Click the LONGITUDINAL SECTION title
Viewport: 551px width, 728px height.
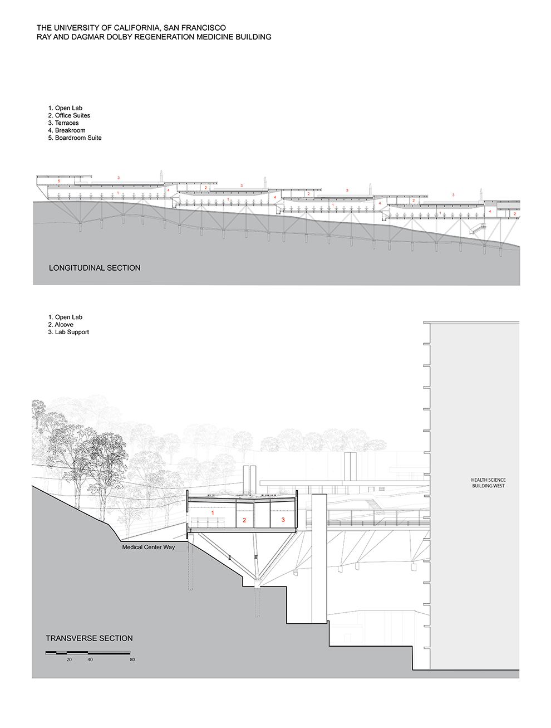(95, 268)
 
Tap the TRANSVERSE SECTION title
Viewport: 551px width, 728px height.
(89, 638)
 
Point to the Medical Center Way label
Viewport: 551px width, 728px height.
(148, 547)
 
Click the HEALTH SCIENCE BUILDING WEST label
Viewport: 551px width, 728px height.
(488, 482)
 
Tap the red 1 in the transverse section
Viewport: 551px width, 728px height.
(213, 513)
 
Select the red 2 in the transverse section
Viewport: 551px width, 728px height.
(244, 520)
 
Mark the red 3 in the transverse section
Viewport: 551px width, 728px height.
(283, 519)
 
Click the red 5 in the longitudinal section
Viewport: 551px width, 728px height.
(59, 181)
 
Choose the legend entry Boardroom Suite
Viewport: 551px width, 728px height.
(75, 138)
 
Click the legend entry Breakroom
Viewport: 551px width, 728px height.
(67, 130)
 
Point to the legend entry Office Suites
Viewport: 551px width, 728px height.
(69, 115)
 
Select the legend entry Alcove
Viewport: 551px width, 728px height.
(61, 324)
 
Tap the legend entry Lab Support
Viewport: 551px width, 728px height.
(68, 332)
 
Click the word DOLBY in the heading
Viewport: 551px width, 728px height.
(121, 37)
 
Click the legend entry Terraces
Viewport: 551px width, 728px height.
(63, 123)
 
